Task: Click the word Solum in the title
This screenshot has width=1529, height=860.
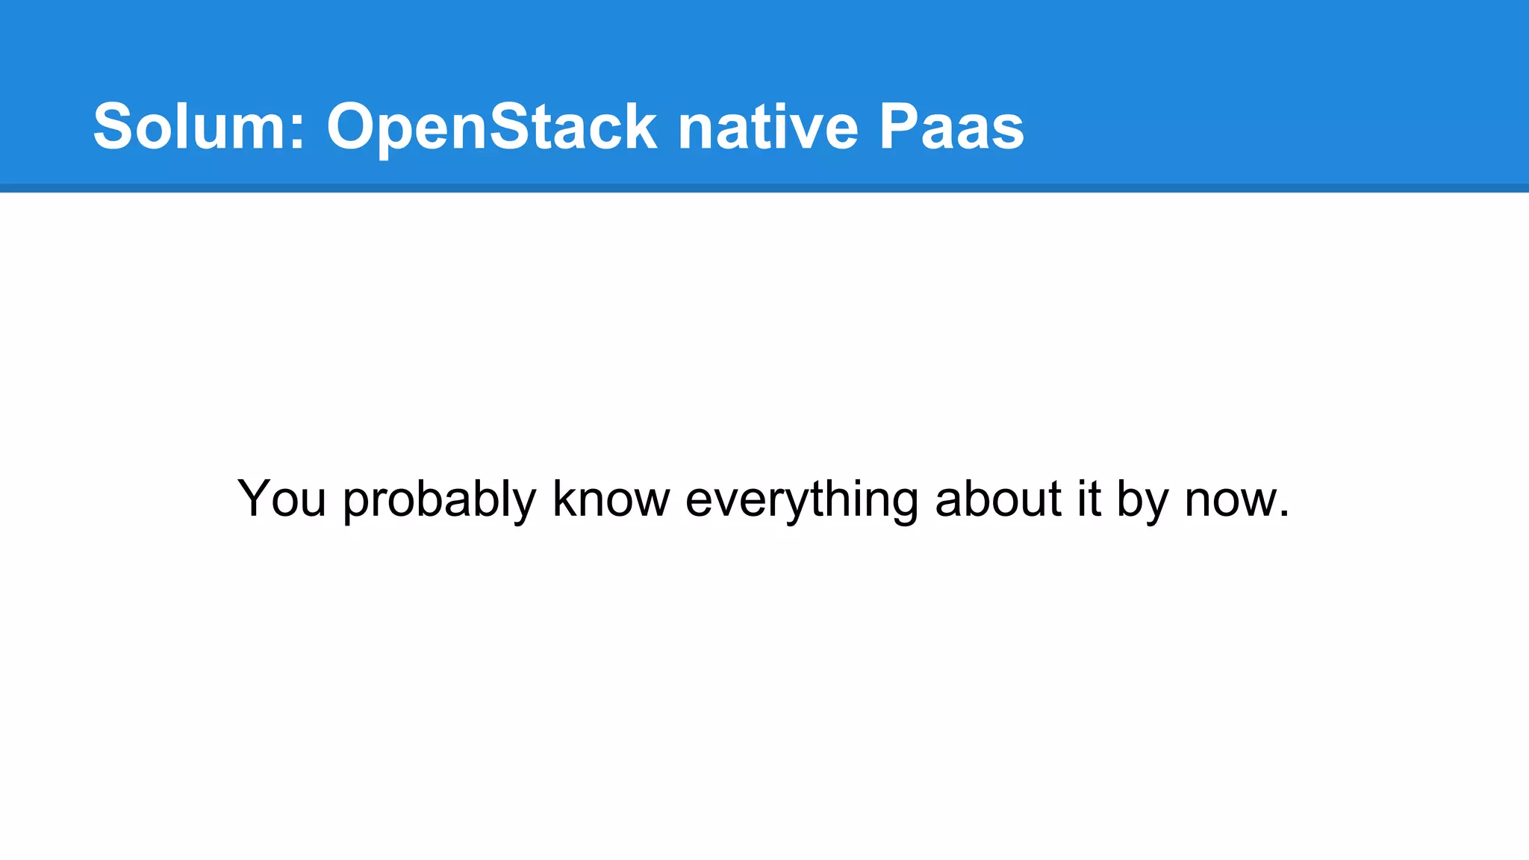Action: pyautogui.click(x=191, y=127)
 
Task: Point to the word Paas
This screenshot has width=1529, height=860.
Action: pyautogui.click(x=951, y=127)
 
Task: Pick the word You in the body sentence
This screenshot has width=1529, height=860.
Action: pyautogui.click(x=281, y=499)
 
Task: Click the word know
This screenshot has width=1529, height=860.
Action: pyautogui.click(x=611, y=499)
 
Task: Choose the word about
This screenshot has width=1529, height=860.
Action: pyautogui.click(x=998, y=499)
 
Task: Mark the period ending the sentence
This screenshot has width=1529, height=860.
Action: pyautogui.click(x=1284, y=514)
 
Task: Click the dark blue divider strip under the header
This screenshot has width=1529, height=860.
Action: pyautogui.click(x=764, y=188)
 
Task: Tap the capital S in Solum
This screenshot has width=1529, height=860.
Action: pyautogui.click(x=113, y=127)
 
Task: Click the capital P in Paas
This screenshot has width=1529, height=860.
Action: pyautogui.click(x=899, y=127)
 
